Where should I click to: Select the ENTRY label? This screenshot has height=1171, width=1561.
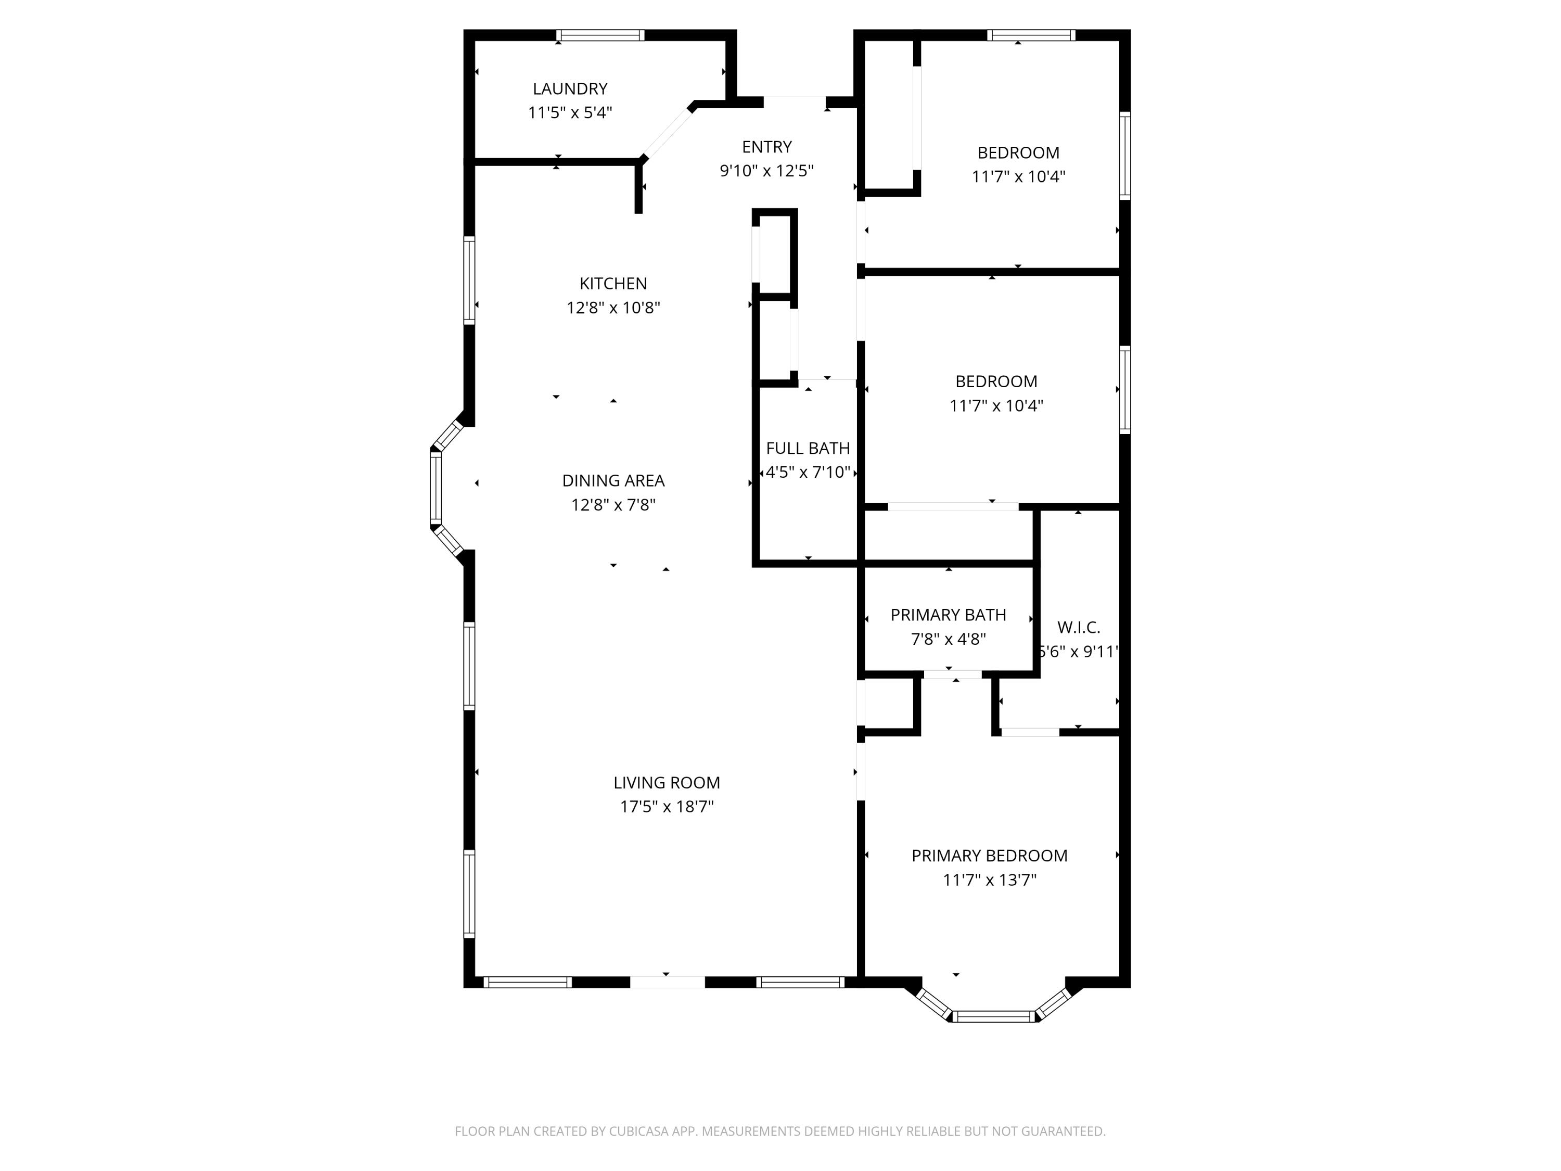766,147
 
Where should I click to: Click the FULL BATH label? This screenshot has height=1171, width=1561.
808,448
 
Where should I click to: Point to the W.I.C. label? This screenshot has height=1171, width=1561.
1078,628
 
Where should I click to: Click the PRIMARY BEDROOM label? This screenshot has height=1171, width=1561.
989,856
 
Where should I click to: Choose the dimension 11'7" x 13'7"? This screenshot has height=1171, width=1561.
989,880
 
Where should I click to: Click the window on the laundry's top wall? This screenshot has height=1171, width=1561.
600,35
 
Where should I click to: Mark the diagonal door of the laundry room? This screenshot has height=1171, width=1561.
668,133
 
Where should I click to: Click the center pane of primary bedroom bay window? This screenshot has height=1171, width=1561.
994,1016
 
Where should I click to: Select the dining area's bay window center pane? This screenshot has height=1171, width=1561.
436,488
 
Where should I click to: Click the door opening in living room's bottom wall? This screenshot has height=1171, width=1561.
667,982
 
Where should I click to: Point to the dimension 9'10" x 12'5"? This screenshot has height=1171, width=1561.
766,171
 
